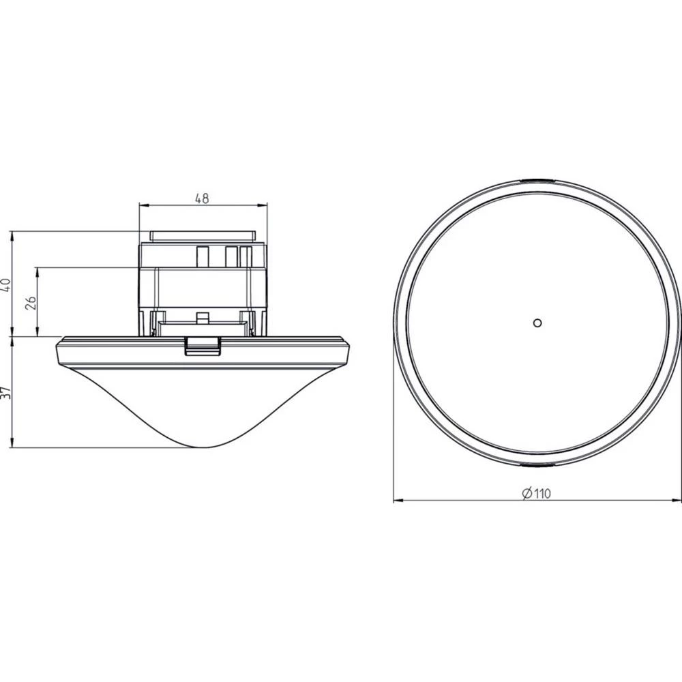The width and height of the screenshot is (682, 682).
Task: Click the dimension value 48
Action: pyautogui.click(x=202, y=199)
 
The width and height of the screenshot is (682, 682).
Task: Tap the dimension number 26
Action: pyautogui.click(x=30, y=302)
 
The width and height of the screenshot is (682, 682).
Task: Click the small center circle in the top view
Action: pyautogui.click(x=537, y=323)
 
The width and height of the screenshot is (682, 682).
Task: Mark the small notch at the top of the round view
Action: pyautogui.click(x=537, y=181)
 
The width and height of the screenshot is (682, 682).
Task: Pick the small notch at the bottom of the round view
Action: pyautogui.click(x=537, y=465)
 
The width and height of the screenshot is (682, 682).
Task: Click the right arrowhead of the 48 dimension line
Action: pyautogui.click(x=263, y=205)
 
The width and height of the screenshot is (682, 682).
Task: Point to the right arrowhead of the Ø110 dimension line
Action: pyautogui.click(x=677, y=501)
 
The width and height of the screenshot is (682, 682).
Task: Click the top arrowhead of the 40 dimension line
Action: pyautogui.click(x=13, y=235)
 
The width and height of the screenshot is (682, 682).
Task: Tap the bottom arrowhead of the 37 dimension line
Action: pyautogui.click(x=13, y=444)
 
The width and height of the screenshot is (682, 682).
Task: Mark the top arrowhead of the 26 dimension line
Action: pyautogui.click(x=38, y=271)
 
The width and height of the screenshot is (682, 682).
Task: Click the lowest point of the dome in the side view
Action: pyautogui.click(x=203, y=447)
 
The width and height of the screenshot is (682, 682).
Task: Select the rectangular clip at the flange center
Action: pyautogui.click(x=203, y=346)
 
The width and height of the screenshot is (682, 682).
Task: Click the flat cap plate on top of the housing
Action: pyautogui.click(x=203, y=236)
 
